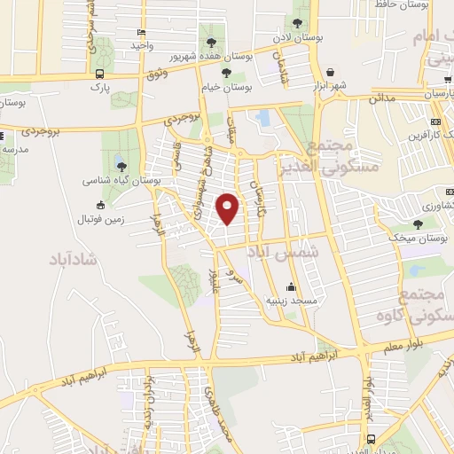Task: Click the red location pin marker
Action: (x=228, y=208)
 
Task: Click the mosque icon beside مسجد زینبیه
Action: (x=291, y=286)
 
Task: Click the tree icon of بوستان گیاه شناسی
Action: (x=121, y=165)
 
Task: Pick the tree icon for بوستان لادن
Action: (x=297, y=26)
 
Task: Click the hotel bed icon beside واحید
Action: (x=141, y=33)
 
